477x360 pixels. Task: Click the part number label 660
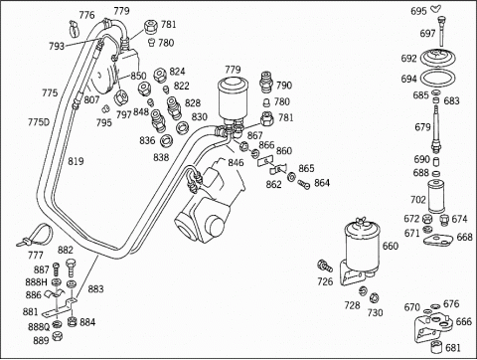coord(391,246)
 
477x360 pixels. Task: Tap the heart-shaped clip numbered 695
coord(436,9)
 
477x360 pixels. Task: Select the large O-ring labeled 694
coord(437,80)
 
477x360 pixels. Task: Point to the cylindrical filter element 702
coord(436,196)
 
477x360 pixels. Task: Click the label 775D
coord(39,122)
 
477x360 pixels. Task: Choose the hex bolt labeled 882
coord(72,268)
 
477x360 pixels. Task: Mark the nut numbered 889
coord(58,335)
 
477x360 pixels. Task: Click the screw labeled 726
coord(324,266)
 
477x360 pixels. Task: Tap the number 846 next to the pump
coord(236,162)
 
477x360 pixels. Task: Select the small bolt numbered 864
coord(304,184)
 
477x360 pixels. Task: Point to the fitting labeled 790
coord(266,82)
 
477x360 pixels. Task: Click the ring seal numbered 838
coord(166,141)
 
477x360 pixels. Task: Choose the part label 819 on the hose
coord(76,161)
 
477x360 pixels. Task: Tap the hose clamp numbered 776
coord(75,28)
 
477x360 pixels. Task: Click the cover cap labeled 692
coord(438,59)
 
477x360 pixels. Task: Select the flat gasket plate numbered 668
coord(438,240)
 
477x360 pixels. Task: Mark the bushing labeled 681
coord(436,347)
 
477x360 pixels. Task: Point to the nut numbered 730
coord(374,297)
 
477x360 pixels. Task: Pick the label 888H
coord(37,282)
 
